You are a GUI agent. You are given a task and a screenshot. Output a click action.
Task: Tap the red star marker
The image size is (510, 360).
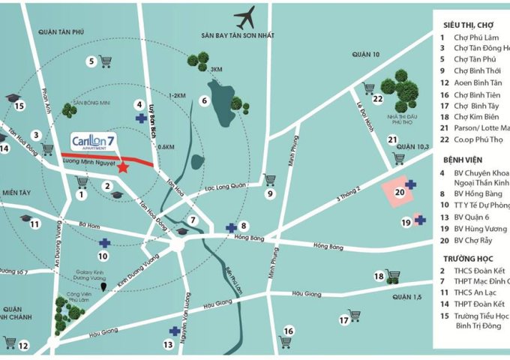click(x=123, y=167)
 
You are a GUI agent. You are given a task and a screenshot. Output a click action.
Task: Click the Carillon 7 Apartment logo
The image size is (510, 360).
click(x=96, y=141)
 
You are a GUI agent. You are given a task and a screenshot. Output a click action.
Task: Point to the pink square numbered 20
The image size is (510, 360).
click(x=397, y=191)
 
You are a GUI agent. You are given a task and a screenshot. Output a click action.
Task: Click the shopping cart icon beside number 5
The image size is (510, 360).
click(x=106, y=62)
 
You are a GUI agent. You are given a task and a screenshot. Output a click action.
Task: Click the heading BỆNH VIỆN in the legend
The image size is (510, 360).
click(x=466, y=160)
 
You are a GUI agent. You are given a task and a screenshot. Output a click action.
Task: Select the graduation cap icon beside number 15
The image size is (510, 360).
click(x=11, y=98)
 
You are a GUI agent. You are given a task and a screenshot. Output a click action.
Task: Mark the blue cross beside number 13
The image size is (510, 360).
click(x=174, y=331)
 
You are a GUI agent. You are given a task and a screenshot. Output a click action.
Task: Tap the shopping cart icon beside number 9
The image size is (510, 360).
click(x=269, y=180)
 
